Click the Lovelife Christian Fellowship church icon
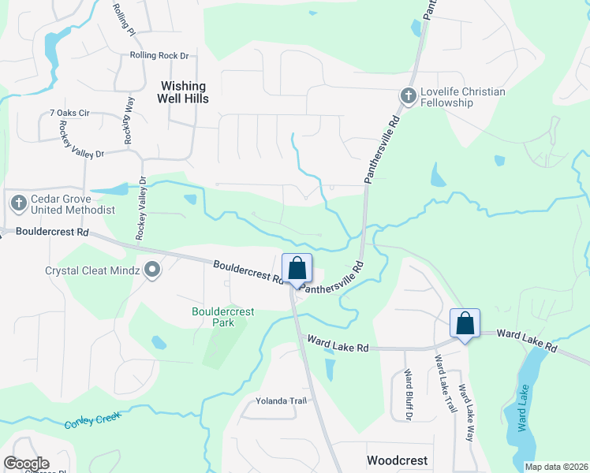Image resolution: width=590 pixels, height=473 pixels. tap(408, 96)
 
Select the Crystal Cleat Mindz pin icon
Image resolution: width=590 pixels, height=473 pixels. tap(153, 270)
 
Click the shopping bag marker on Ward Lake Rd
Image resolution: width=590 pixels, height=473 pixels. tap(465, 323)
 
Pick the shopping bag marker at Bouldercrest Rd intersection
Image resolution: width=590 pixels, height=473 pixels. tap(297, 269)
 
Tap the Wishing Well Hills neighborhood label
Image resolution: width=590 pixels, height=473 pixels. tap(184, 92)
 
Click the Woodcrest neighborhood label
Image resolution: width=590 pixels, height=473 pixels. tap(397, 460)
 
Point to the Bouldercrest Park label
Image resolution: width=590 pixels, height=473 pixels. tap(223, 317)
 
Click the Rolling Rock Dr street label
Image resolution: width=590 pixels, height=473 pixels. tap(160, 56)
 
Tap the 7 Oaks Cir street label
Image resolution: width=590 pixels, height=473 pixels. tap(69, 114)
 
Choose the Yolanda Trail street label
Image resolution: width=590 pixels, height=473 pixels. tap(281, 400)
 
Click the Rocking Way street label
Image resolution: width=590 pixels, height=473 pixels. tap(128, 119)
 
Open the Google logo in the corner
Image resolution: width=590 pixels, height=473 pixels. tap(26, 464)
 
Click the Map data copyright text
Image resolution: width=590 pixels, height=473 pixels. tap(555, 467)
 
